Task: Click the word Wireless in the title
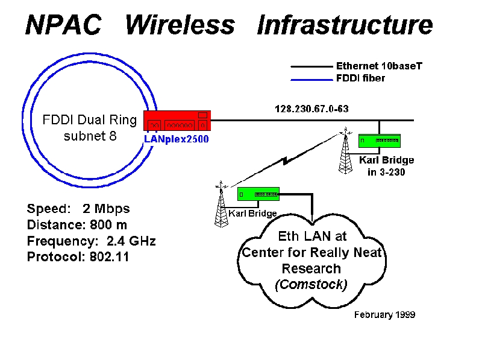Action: point(180,25)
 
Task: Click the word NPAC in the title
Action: point(63,25)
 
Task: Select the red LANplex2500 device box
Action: point(177,121)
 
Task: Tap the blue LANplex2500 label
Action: point(177,139)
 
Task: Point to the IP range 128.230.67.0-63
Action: point(311,109)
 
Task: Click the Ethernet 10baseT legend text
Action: point(379,66)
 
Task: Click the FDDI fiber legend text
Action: point(360,78)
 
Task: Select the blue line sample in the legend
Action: point(311,80)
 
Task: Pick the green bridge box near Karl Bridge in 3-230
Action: point(380,141)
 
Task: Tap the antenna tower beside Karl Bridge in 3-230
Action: point(345,151)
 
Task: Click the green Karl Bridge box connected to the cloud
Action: point(258,194)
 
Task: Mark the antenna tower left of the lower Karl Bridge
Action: point(221,205)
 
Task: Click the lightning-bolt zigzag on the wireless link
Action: point(286,160)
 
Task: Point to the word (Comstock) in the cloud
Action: point(311,284)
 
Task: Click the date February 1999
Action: point(384,314)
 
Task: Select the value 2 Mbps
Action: point(106,209)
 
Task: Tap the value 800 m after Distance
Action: point(108,224)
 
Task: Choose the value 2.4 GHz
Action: point(131,241)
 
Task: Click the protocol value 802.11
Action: point(110,257)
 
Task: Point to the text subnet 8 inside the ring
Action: point(90,136)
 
